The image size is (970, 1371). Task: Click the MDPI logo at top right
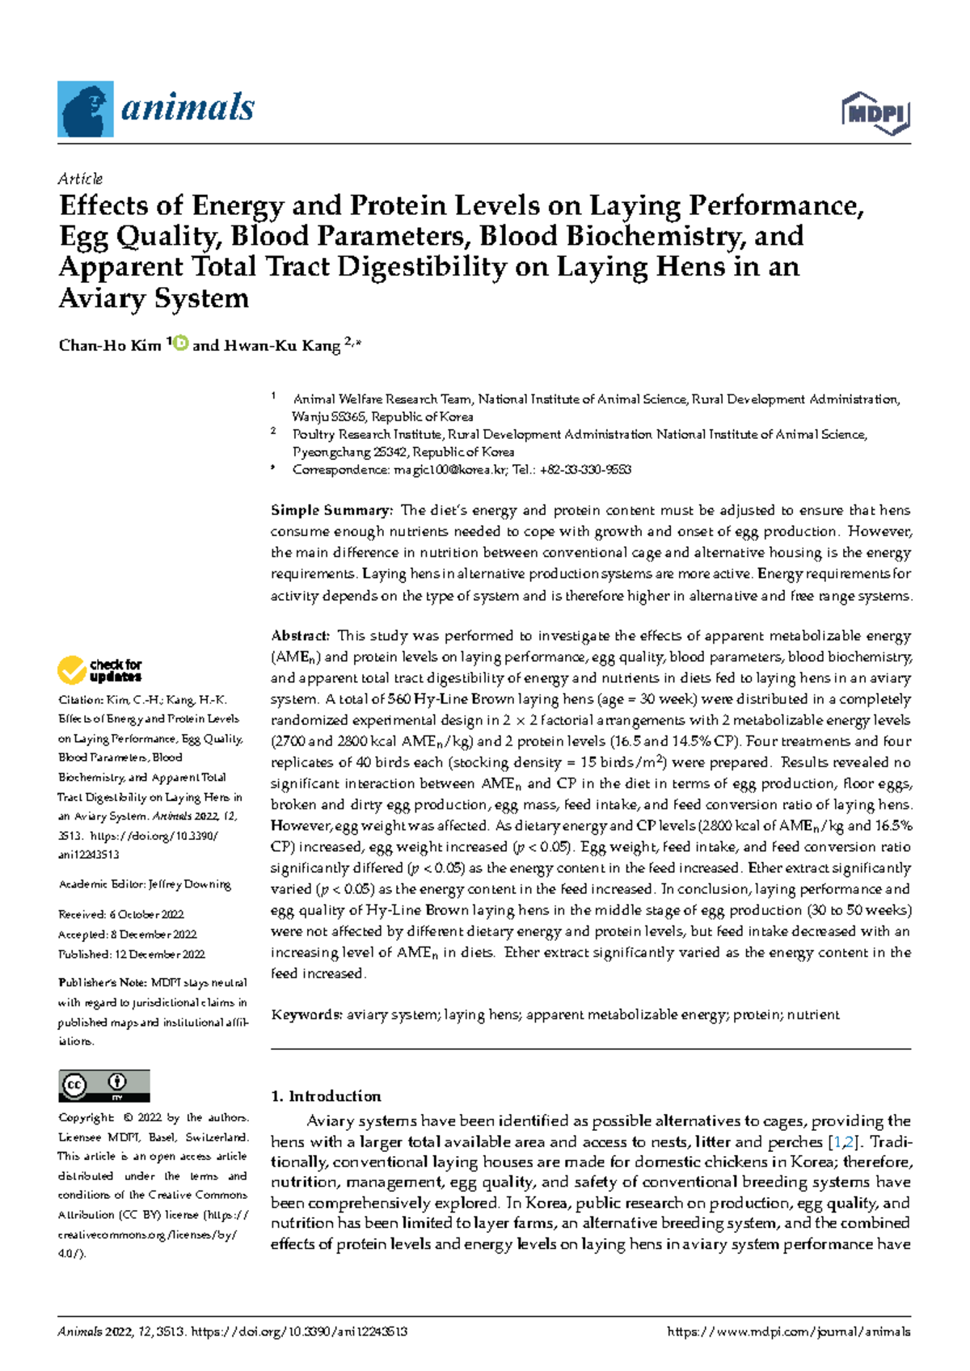(876, 113)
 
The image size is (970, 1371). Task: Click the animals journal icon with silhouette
(85, 109)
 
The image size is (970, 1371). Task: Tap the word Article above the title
(80, 179)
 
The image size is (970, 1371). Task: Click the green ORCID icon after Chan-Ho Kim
(180, 344)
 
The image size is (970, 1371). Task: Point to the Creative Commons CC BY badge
(103, 1085)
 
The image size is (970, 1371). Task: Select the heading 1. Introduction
(326, 1096)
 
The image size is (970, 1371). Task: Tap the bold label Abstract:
(300, 635)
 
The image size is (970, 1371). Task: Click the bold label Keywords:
(306, 1015)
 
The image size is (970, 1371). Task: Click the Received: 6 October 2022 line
(121, 914)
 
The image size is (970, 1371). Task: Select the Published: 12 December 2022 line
(131, 954)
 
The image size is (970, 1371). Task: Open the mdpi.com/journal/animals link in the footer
(788, 1331)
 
